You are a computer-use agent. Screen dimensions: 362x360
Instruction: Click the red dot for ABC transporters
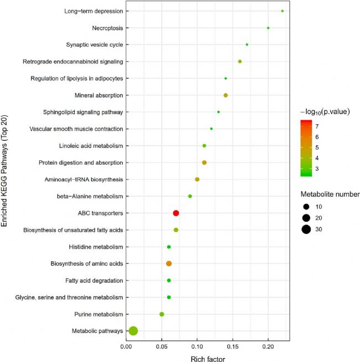tap(176, 213)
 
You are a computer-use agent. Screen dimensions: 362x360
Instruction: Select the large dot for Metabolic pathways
tap(133, 331)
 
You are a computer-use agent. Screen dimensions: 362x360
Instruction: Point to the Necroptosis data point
tap(268, 28)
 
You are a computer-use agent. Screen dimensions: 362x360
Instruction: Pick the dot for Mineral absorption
tap(225, 95)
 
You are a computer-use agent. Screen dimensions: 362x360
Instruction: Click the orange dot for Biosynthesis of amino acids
tap(169, 264)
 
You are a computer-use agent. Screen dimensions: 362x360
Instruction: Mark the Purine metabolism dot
tap(162, 314)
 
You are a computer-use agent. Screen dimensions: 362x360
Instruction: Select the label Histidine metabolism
tap(95, 247)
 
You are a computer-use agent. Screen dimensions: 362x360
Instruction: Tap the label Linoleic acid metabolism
tap(90, 146)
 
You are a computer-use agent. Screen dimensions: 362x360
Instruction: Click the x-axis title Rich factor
tap(208, 358)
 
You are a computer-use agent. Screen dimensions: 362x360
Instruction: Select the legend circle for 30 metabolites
tap(306, 229)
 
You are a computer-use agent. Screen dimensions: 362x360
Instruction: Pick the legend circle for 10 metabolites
tap(306, 206)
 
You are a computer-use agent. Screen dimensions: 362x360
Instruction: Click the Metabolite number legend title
tap(330, 195)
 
